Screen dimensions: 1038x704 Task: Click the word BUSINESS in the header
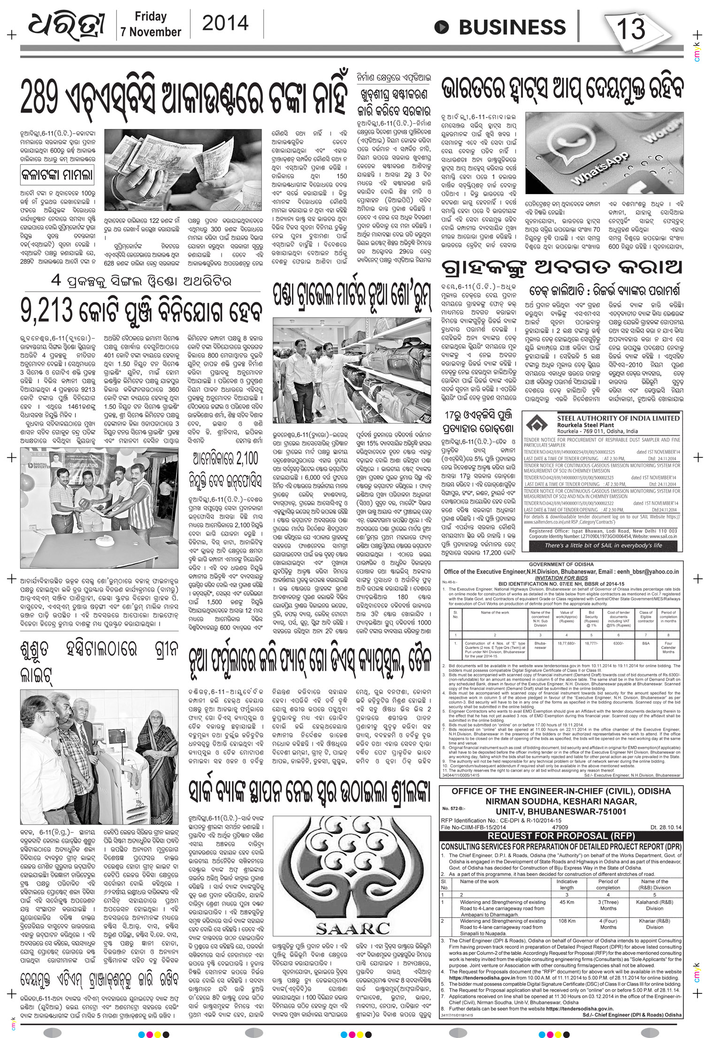click(505, 27)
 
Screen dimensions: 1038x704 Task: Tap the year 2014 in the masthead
click(225, 23)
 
